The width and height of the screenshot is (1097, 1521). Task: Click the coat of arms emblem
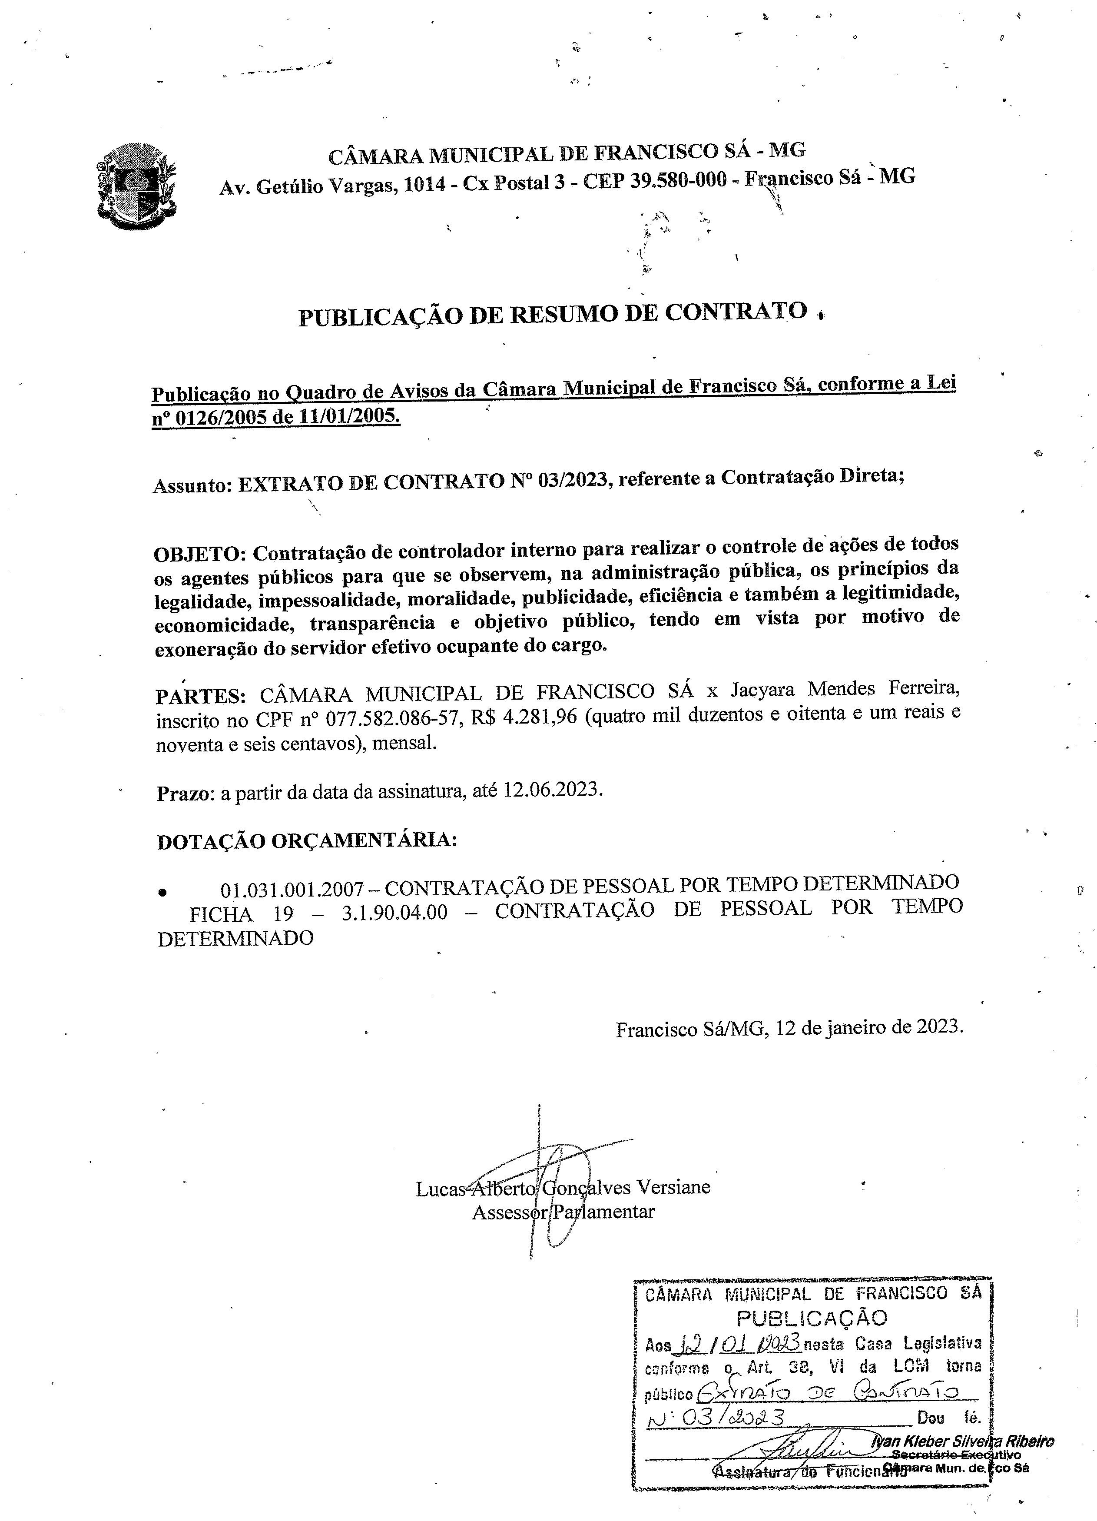136,186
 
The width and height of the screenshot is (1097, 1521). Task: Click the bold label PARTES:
200,695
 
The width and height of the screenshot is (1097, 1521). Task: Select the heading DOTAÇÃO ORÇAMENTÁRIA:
306,841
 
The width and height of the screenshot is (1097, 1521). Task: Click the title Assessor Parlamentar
563,1212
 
